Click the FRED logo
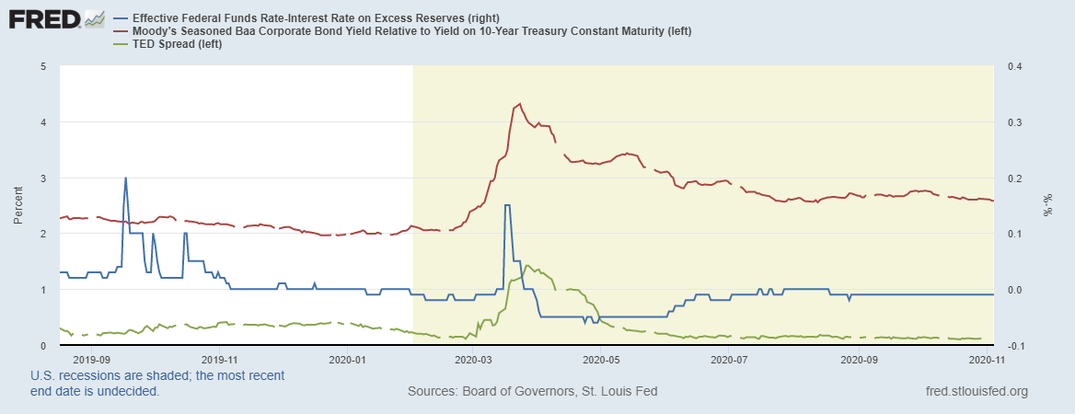(x=55, y=19)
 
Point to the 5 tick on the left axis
(x=44, y=66)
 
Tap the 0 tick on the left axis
(x=44, y=345)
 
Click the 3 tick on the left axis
(x=44, y=178)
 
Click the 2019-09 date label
(x=91, y=361)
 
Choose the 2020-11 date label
(x=981, y=361)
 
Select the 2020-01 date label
(x=347, y=361)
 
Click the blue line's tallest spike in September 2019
(x=125, y=178)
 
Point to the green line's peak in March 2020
(x=525, y=265)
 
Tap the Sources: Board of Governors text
(x=532, y=392)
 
